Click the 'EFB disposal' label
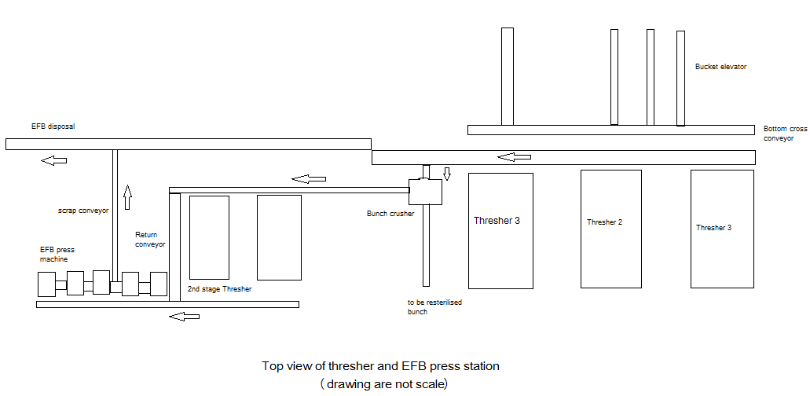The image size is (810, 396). tap(53, 126)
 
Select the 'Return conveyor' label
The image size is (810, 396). tap(150, 239)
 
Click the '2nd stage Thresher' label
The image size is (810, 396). tap(219, 289)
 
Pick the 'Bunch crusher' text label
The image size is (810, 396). tap(390, 213)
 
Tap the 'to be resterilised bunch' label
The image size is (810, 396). tap(434, 306)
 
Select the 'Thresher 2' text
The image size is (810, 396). tap(604, 222)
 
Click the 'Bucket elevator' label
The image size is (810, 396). tap(720, 67)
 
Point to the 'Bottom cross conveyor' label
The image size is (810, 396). tap(786, 133)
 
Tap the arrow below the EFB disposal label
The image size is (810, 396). tap(54, 160)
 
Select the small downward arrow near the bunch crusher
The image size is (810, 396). tap(446, 173)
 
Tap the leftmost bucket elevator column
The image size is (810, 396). tap(508, 76)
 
